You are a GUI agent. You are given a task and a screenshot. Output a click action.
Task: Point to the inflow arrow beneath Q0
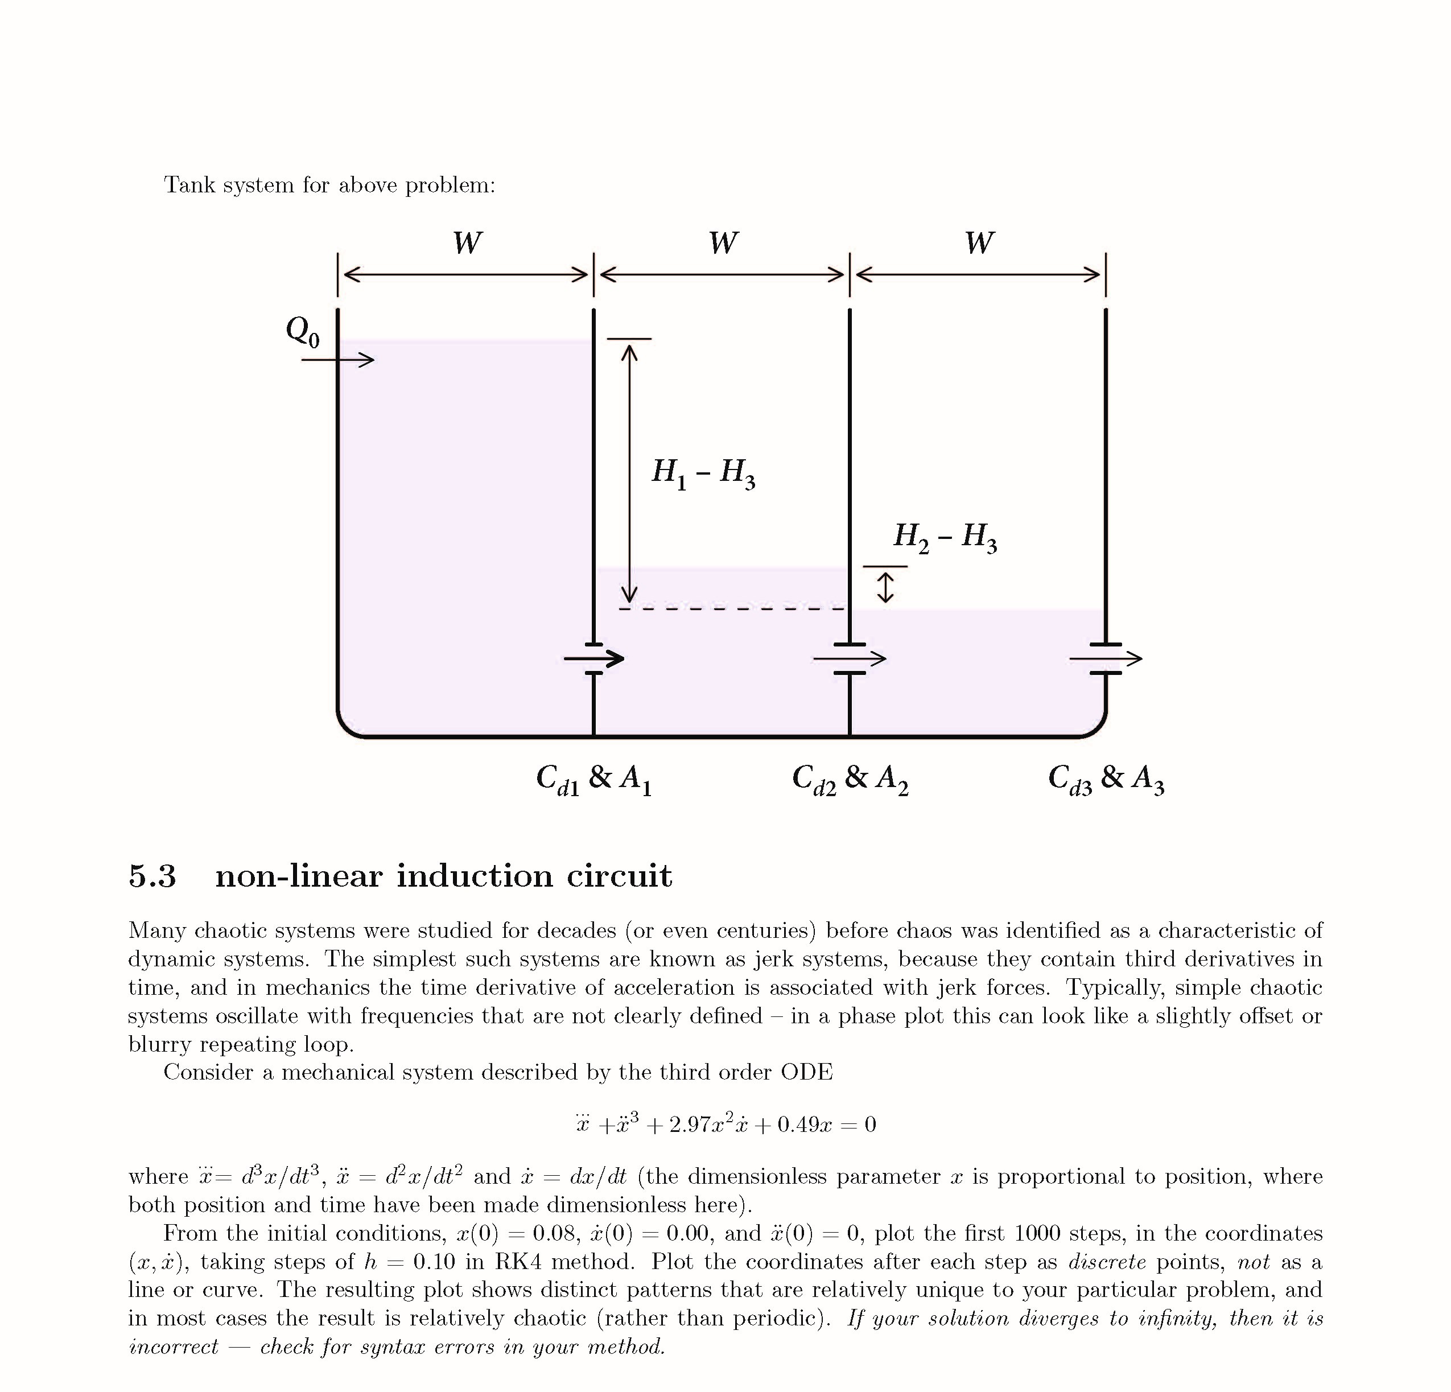coord(337,361)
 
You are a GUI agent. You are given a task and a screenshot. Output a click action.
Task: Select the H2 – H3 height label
coord(945,537)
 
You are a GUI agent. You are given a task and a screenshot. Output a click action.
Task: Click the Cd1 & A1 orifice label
coord(593,780)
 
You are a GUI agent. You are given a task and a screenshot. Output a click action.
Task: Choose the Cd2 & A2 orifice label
coord(850,780)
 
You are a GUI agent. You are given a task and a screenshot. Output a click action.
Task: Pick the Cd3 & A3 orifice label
coord(1106,780)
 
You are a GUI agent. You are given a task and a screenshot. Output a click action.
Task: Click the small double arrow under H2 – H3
coord(885,587)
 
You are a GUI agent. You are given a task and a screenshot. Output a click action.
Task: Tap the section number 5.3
coord(152,876)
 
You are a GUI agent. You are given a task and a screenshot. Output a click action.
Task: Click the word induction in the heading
coord(475,876)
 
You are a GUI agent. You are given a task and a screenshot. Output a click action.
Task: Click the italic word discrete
coord(1107,1262)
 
